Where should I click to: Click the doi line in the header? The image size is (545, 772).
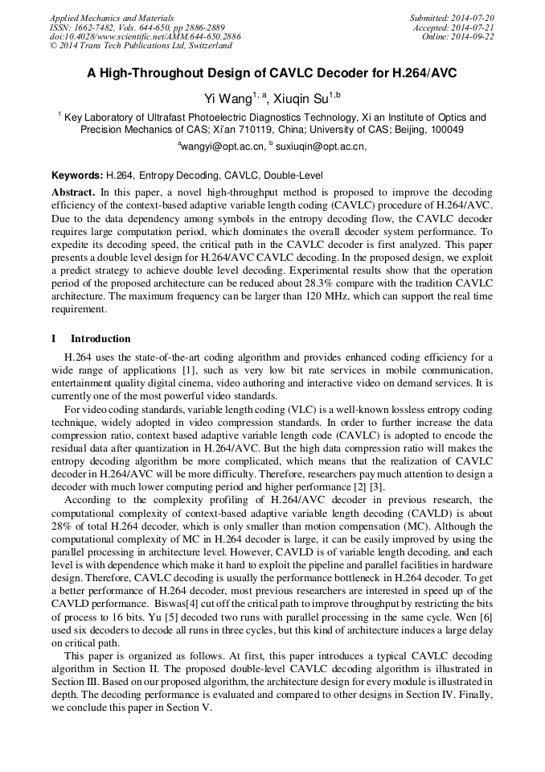[145, 37]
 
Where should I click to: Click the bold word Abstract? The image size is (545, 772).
[73, 193]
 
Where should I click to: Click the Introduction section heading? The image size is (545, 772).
[100, 338]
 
